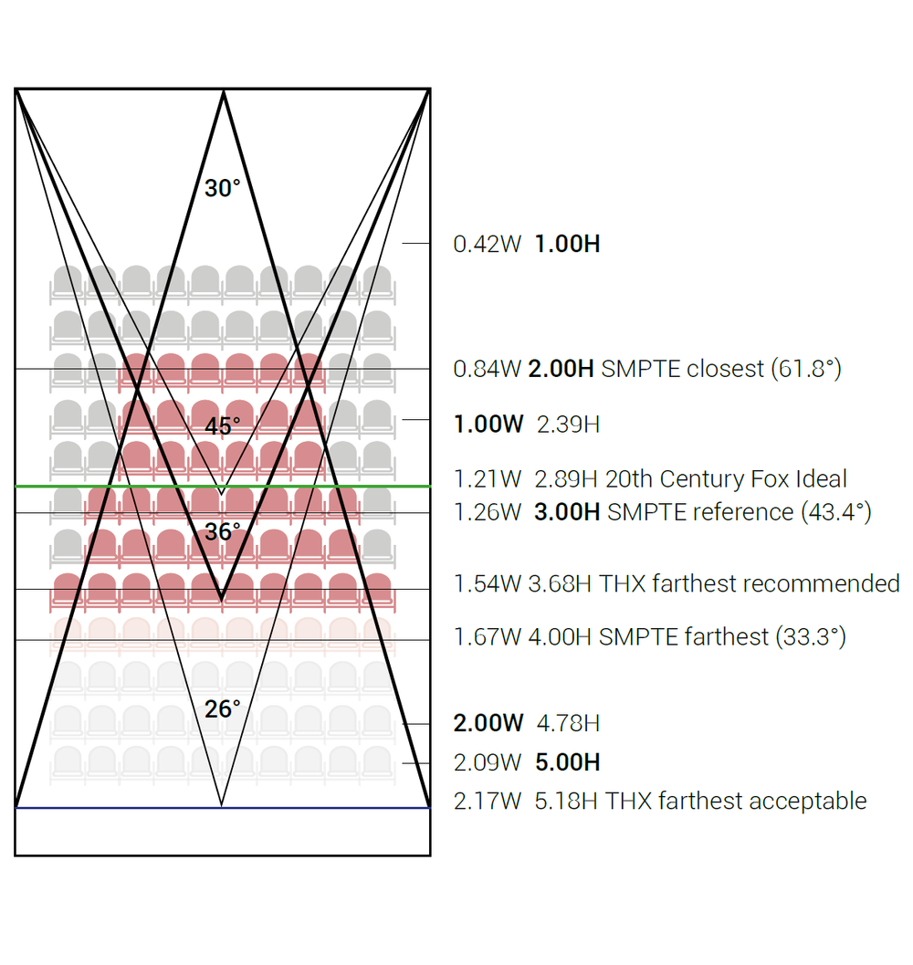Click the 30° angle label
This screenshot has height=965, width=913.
223,189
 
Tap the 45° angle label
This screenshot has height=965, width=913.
223,426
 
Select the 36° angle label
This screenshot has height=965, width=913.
223,531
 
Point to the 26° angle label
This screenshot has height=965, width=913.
223,708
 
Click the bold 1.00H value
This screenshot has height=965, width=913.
567,244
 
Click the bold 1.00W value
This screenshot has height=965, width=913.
488,424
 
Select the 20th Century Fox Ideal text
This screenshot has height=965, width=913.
726,478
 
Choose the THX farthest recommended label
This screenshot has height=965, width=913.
750,583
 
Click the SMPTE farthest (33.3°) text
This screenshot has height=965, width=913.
722,636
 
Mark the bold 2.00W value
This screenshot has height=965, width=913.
488,723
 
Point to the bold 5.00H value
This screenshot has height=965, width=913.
567,762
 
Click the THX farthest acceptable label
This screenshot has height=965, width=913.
736,801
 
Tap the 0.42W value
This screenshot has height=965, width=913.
488,244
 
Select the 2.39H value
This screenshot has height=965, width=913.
568,424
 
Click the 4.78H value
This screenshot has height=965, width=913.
568,723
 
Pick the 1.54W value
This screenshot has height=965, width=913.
488,583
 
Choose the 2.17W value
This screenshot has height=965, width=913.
488,801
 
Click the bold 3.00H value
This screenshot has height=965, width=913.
567,511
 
